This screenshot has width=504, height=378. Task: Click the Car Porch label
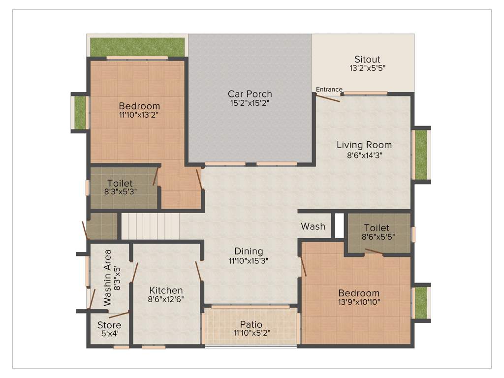250,94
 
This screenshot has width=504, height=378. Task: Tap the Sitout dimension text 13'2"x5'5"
364,68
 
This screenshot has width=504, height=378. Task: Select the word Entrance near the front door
329,89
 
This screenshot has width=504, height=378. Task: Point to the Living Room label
364,145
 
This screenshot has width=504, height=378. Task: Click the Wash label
313,226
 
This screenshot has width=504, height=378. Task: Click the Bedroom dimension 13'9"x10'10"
359,302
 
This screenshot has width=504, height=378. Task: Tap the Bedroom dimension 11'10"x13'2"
139,115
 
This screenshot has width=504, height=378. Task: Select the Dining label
249,252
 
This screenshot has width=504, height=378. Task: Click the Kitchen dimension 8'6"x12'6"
166,299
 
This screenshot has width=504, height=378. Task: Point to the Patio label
251,324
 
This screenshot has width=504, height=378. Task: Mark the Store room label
109,325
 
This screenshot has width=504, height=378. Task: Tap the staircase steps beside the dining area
150,226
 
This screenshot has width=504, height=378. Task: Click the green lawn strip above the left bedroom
137,47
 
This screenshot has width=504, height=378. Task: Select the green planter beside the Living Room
421,155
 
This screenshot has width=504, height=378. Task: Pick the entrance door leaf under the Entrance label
328,98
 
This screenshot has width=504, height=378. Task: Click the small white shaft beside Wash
339,225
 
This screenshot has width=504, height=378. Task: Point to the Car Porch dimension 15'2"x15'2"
250,103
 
